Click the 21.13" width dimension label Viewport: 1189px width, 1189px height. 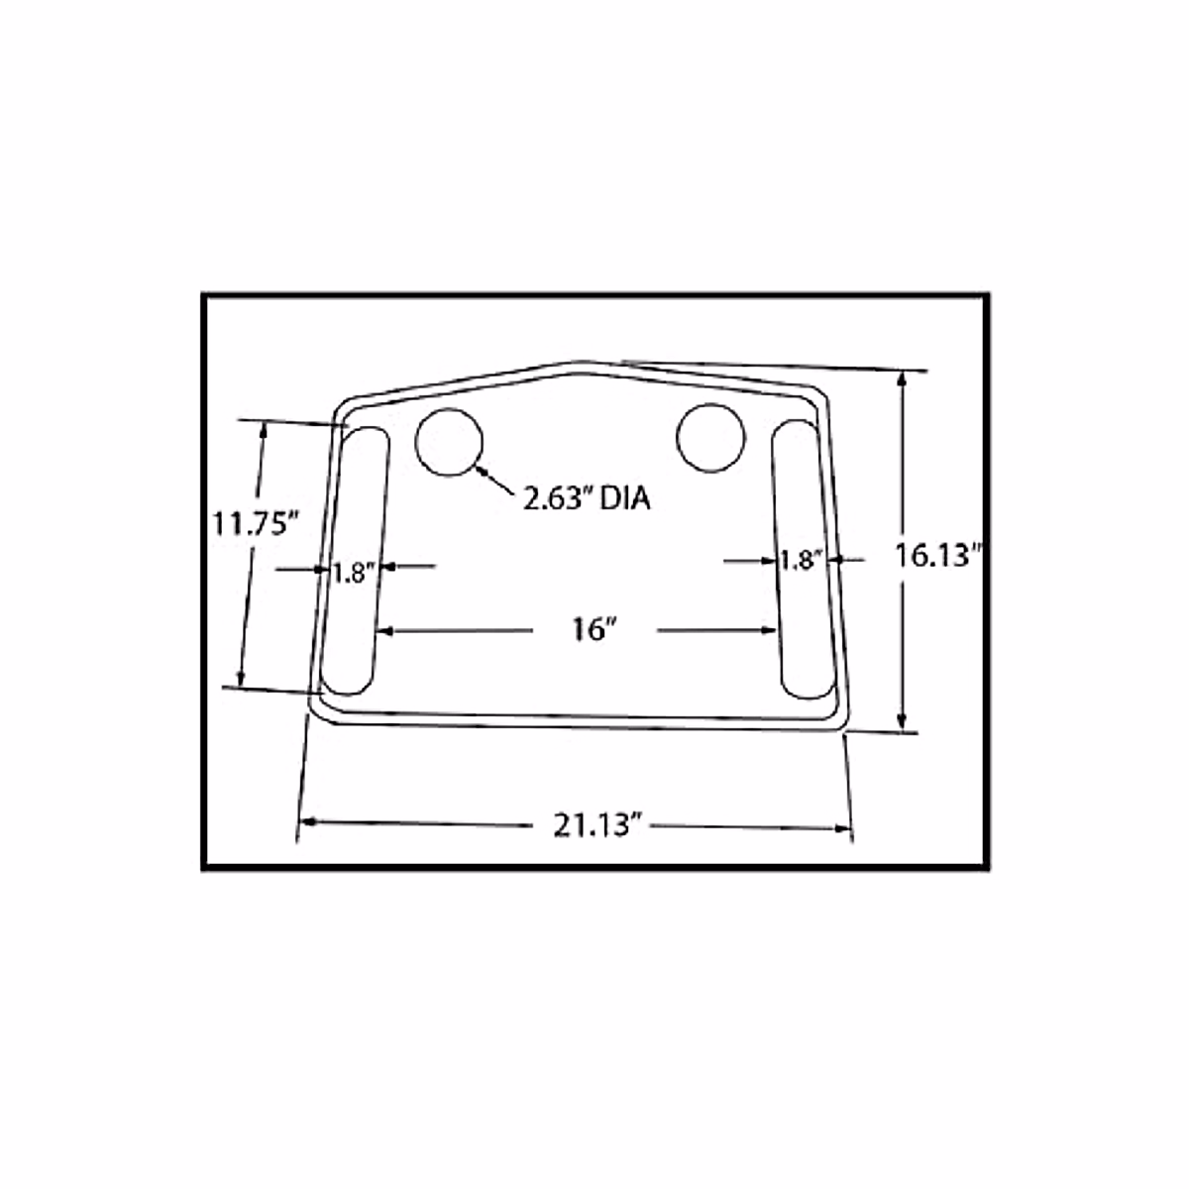tap(593, 824)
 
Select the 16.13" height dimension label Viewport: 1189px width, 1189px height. tap(937, 556)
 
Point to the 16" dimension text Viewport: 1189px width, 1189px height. tap(594, 629)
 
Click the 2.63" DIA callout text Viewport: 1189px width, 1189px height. tap(587, 498)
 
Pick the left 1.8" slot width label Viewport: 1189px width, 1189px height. tap(351, 573)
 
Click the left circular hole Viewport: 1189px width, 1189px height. tap(449, 441)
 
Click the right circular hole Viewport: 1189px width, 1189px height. tap(710, 437)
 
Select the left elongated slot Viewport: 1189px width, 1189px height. tap(355, 561)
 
